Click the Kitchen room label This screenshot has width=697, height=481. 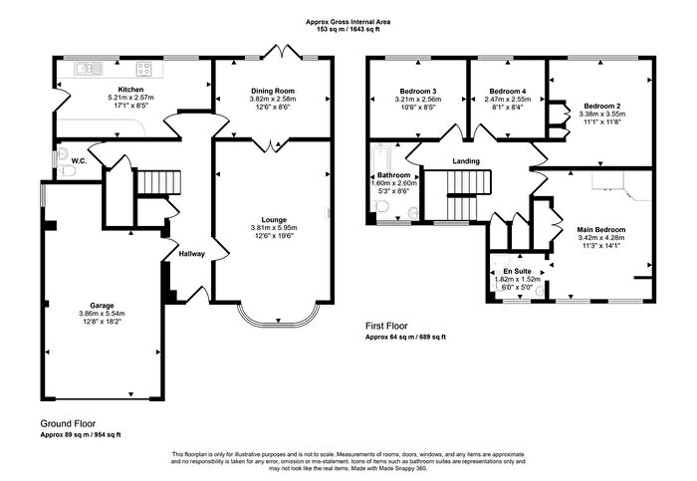click(130, 90)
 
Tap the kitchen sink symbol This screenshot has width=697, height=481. click(89, 69)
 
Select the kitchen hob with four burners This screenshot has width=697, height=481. click(143, 69)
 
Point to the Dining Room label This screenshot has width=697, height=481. click(273, 92)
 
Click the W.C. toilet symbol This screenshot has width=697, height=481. click(68, 170)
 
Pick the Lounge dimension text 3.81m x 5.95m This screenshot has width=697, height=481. click(274, 228)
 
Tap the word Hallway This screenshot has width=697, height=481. click(192, 254)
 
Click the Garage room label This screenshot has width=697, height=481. click(102, 306)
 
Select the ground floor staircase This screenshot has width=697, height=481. click(158, 182)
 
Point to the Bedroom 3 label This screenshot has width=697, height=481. click(418, 92)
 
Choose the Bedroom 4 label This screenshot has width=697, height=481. click(508, 92)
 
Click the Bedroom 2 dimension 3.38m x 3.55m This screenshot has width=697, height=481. click(601, 114)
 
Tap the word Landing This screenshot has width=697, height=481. click(466, 161)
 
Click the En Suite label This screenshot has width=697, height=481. click(517, 271)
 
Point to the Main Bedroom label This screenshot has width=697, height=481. click(601, 230)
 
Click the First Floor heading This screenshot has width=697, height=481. click(386, 326)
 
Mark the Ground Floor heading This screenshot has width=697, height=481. click(68, 423)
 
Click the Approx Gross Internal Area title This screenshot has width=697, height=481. click(348, 22)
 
